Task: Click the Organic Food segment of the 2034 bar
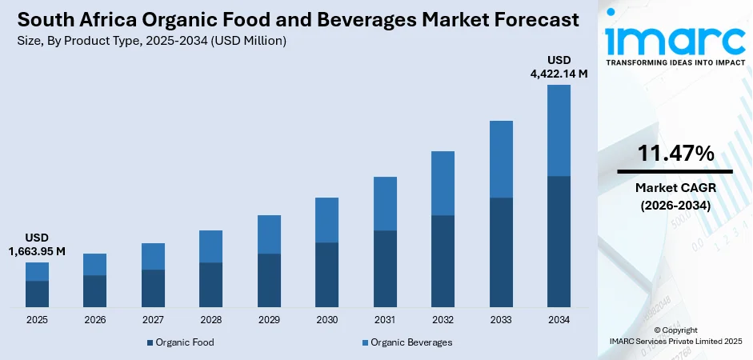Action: (x=559, y=241)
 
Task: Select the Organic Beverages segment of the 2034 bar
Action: (x=559, y=130)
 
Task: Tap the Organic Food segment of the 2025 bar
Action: (x=37, y=294)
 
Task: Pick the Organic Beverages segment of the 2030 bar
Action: (x=326, y=220)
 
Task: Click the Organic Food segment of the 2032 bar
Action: (x=443, y=261)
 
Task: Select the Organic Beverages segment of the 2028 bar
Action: (x=210, y=246)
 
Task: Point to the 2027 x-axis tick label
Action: (x=153, y=320)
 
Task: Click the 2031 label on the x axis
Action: (x=385, y=320)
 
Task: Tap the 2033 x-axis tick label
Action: (x=501, y=320)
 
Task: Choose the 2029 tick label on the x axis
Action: (x=269, y=320)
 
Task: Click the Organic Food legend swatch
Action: (x=150, y=342)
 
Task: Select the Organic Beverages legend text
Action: (x=411, y=342)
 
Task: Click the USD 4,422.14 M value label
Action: (x=559, y=67)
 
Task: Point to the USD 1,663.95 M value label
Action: (x=37, y=245)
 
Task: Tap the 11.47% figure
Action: (x=675, y=154)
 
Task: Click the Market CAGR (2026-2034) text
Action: (x=675, y=196)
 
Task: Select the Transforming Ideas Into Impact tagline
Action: (x=675, y=62)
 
